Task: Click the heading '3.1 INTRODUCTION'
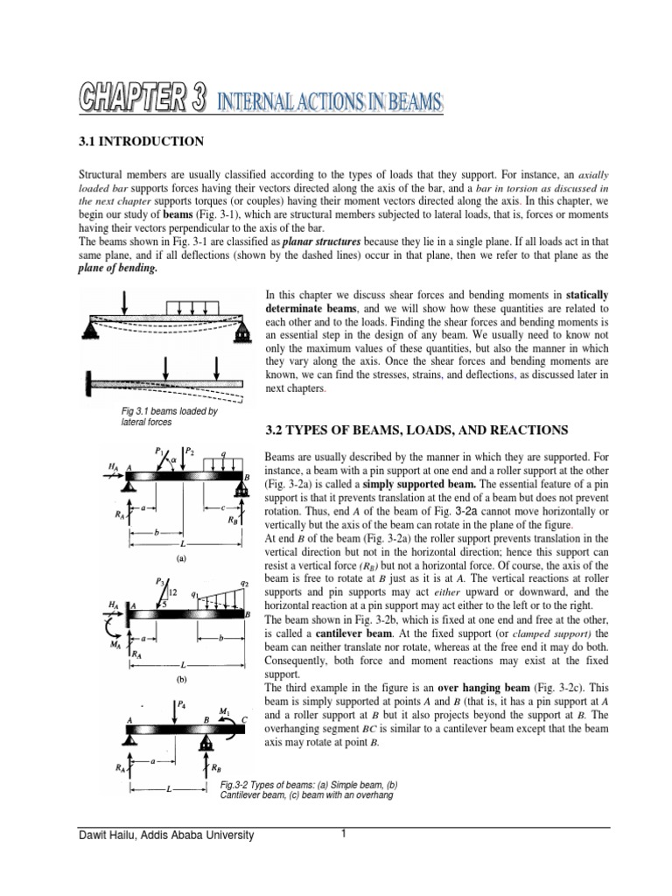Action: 142,141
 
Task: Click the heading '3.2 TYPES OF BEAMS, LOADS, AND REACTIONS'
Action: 416,430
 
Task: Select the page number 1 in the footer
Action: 345,834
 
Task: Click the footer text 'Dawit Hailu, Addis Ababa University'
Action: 167,836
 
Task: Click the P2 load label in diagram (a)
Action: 192,451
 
